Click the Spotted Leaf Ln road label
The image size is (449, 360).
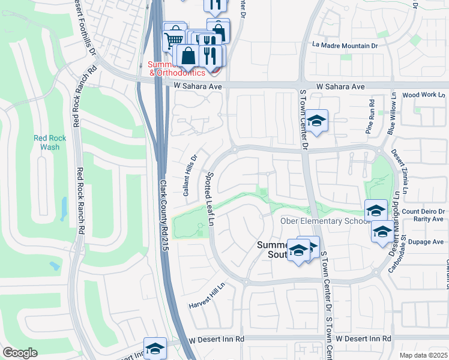click(210, 197)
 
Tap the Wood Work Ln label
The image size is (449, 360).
click(424, 95)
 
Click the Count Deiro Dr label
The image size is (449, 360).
click(423, 211)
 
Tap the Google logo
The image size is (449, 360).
click(20, 353)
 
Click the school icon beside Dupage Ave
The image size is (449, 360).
click(382, 232)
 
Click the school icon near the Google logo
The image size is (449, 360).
click(155, 349)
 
